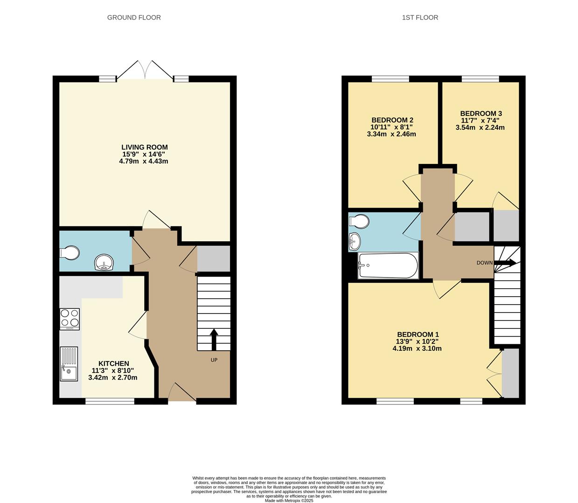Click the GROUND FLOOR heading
pyautogui.click(x=134, y=18)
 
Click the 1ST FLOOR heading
pyautogui.click(x=420, y=18)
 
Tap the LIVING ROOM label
pyautogui.click(x=144, y=147)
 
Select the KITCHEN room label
pyautogui.click(x=113, y=364)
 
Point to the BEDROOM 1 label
pyautogui.click(x=418, y=334)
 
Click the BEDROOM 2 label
pyautogui.click(x=392, y=120)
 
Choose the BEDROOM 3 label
pyautogui.click(x=481, y=114)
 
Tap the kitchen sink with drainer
pyautogui.click(x=69, y=364)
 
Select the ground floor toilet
pyautogui.click(x=70, y=253)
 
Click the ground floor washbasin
pyautogui.click(x=104, y=262)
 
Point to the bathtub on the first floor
pyautogui.click(x=388, y=265)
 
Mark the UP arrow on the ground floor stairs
pyautogui.click(x=214, y=339)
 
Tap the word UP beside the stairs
pyautogui.click(x=214, y=360)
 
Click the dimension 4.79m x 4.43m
pyautogui.click(x=144, y=162)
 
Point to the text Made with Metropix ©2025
pyautogui.click(x=289, y=501)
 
